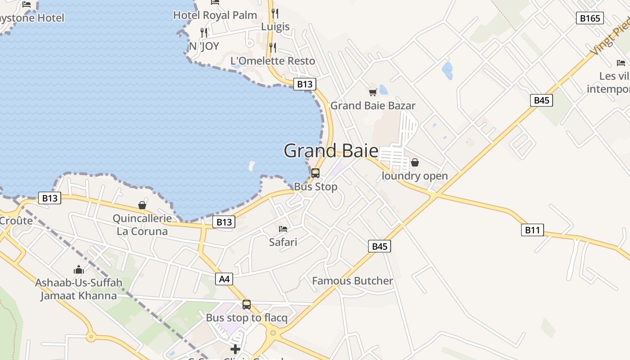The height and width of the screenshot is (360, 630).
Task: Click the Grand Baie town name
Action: pyautogui.click(x=331, y=151)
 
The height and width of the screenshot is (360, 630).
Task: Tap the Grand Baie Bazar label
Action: pyautogui.click(x=373, y=106)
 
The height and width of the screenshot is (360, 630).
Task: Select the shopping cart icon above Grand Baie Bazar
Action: pyautogui.click(x=373, y=92)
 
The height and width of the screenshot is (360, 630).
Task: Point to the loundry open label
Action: pyautogui.click(x=414, y=176)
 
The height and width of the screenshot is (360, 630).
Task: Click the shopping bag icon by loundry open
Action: pyautogui.click(x=415, y=162)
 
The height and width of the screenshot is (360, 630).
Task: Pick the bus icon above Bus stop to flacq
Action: pyautogui.click(x=247, y=305)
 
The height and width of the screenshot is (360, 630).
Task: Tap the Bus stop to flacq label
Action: pyautogui.click(x=247, y=318)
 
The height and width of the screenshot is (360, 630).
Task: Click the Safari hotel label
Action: pyautogui.click(x=283, y=242)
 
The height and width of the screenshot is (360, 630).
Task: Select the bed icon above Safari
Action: pyautogui.click(x=283, y=229)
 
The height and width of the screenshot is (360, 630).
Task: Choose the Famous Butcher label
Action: pyautogui.click(x=352, y=281)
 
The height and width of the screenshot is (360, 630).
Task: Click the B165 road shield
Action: pyautogui.click(x=589, y=18)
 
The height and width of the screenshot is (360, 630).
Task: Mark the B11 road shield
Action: pyautogui.click(x=532, y=230)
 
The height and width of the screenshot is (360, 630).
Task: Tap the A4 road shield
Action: pyautogui.click(x=224, y=279)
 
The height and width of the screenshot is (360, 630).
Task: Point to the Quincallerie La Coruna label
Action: pyautogui.click(x=142, y=225)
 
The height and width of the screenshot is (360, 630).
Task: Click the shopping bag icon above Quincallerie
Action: pyautogui.click(x=142, y=205)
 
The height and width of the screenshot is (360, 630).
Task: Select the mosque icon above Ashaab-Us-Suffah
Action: pyautogui.click(x=79, y=270)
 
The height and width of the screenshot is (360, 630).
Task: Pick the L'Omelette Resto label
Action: pyautogui.click(x=273, y=61)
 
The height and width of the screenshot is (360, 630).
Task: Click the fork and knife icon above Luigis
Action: pyautogui.click(x=275, y=13)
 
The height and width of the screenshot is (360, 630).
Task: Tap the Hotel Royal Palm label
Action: pyautogui.click(x=215, y=15)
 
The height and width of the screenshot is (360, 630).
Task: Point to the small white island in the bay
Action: pyautogui.click(x=251, y=166)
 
